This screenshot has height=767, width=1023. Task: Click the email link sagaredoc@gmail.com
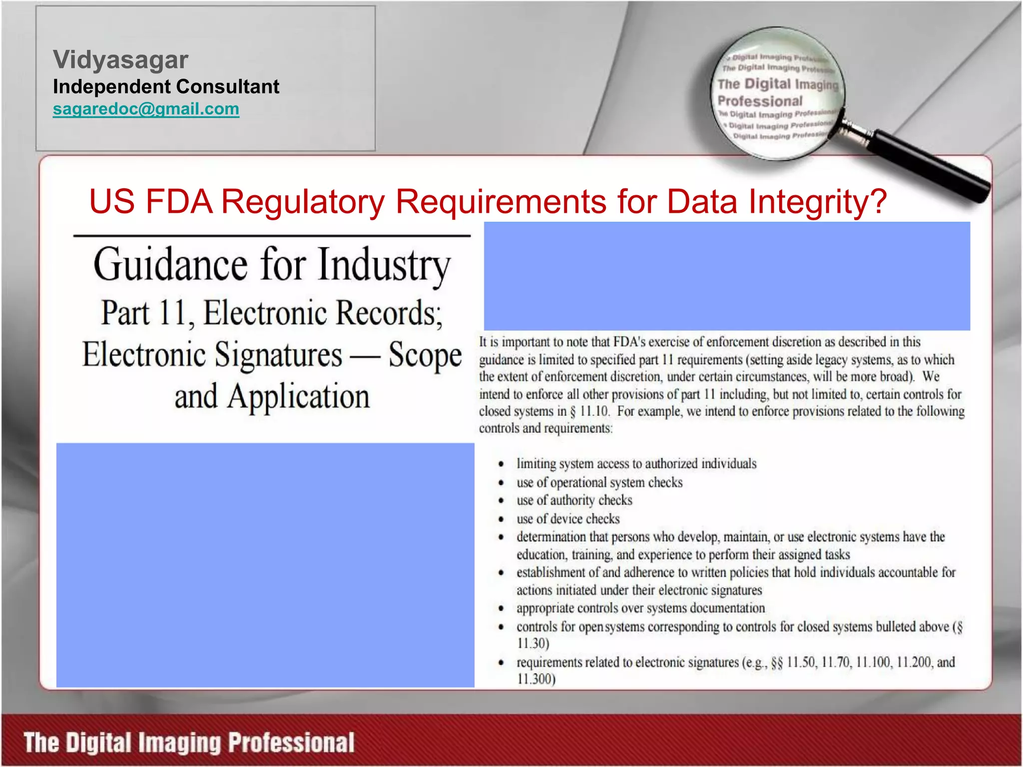[x=146, y=109]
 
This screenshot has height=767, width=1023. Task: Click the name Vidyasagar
[x=120, y=60]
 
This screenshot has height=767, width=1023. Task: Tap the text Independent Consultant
[x=166, y=87]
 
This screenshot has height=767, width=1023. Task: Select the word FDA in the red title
[x=179, y=202]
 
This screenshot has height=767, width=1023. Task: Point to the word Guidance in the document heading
[x=170, y=265]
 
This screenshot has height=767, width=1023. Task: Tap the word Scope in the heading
[x=425, y=355]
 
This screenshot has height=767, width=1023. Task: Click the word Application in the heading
[x=298, y=397]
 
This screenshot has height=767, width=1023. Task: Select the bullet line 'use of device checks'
[x=568, y=519]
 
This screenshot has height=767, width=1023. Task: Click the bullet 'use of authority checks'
[x=574, y=500]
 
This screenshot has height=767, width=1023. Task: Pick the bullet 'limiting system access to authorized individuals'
[x=636, y=464]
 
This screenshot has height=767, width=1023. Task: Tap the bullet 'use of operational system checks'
[x=599, y=482]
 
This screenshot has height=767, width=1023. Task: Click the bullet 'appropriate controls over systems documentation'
[x=640, y=608]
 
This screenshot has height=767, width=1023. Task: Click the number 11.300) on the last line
[x=536, y=679]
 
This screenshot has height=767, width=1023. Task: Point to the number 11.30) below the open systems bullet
[x=533, y=644]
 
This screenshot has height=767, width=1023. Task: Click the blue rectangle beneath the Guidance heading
[x=265, y=565]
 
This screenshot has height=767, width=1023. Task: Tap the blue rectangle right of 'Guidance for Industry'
[x=727, y=276]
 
